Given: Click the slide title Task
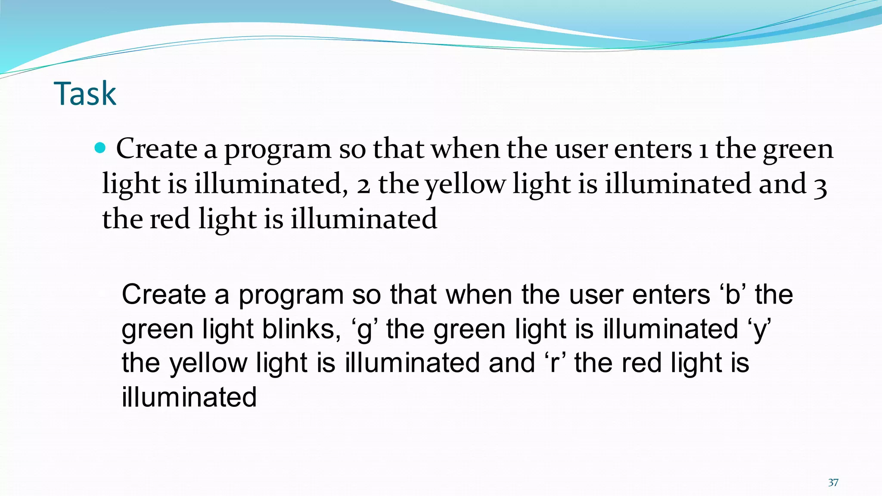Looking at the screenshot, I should point(85,93).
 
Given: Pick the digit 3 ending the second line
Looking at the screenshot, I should point(820,186).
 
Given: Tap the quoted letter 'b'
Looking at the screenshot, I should point(732,295).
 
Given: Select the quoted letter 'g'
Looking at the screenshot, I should point(365,330).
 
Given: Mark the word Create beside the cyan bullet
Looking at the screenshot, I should point(157,149).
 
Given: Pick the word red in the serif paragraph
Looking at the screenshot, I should point(170,219).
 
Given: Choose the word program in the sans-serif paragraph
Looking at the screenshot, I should point(291,297).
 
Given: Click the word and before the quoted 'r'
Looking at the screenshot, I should point(512,363).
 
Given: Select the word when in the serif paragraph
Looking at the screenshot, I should point(465,149).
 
